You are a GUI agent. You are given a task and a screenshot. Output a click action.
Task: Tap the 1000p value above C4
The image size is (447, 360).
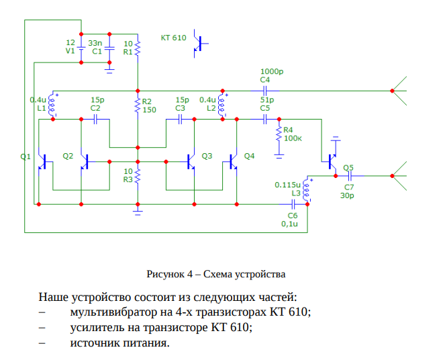[272, 71]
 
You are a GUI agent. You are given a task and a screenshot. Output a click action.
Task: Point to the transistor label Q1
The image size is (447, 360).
[26, 156]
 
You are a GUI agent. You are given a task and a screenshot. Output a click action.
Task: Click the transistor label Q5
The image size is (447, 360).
[348, 168]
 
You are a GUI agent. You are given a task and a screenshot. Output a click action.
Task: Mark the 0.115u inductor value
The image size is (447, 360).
[287, 184]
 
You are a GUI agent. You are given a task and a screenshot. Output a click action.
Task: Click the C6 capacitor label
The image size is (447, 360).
[292, 215]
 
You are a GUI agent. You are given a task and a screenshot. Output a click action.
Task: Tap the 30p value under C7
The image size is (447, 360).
[347, 195]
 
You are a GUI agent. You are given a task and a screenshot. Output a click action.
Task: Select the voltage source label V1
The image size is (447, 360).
[70, 51]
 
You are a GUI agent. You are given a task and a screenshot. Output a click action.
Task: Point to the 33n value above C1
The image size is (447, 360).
[95, 42]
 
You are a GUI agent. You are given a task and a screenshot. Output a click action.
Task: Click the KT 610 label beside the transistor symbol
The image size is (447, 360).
[173, 38]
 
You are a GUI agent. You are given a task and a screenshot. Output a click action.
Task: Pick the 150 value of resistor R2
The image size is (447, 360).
[149, 109]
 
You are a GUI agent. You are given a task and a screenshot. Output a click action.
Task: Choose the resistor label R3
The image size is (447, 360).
[128, 179]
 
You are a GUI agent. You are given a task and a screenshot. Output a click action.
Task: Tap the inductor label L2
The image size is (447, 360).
[211, 107]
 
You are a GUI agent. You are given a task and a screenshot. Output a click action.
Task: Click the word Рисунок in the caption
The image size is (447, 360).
[166, 274]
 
